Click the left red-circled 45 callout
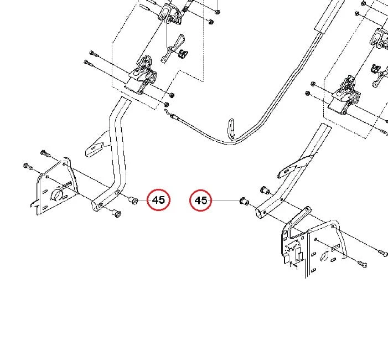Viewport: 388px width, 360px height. click(x=159, y=200)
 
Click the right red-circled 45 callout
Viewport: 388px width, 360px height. click(x=201, y=200)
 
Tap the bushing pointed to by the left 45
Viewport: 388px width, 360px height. click(x=133, y=200)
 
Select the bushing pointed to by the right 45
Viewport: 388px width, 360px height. click(x=243, y=201)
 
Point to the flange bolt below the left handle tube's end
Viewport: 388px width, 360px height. click(x=116, y=213)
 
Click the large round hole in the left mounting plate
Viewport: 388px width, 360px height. click(x=56, y=194)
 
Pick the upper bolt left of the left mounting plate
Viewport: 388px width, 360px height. click(x=45, y=153)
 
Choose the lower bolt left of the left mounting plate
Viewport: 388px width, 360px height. click(x=28, y=167)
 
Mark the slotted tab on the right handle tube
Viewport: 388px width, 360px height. click(x=295, y=166)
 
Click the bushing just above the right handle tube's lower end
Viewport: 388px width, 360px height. click(x=265, y=191)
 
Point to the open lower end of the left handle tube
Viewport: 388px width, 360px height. click(x=96, y=205)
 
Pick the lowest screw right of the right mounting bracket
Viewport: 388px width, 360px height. click(x=363, y=264)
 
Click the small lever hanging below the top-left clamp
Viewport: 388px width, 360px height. click(x=173, y=49)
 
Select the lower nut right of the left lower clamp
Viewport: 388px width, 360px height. click(x=167, y=105)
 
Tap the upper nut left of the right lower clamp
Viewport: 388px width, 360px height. click(x=313, y=84)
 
